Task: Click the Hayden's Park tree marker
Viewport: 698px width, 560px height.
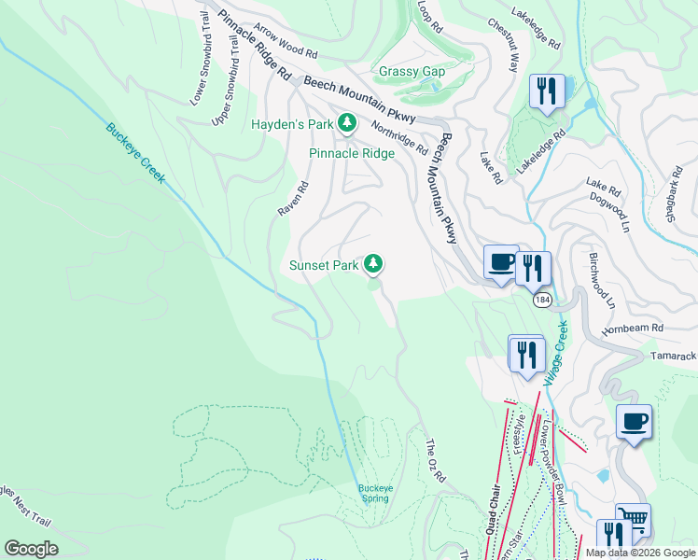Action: (x=347, y=123)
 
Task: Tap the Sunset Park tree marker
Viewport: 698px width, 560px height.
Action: (x=373, y=265)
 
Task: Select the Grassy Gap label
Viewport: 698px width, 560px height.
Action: (x=412, y=72)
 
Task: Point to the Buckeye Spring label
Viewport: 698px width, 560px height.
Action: (x=373, y=493)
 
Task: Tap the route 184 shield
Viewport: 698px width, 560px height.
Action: (x=543, y=301)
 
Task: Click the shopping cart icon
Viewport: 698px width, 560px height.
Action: (x=633, y=519)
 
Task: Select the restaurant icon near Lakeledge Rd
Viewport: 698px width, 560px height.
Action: (x=546, y=91)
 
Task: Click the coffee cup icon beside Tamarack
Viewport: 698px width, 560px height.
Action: (x=634, y=421)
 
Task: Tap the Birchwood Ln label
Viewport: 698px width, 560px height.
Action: (x=602, y=279)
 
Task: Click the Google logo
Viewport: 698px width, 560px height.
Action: (x=31, y=548)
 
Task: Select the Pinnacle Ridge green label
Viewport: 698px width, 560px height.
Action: (x=352, y=153)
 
